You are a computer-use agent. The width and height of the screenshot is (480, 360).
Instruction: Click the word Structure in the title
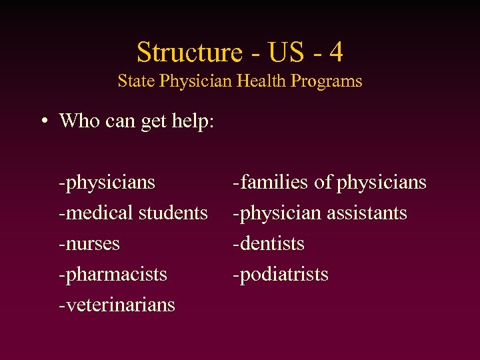pos(189,52)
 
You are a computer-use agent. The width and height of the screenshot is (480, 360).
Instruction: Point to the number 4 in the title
pos(335,52)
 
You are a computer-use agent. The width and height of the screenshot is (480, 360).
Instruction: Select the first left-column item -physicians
pos(107,182)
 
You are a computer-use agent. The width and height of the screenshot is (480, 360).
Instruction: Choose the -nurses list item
pos(89,243)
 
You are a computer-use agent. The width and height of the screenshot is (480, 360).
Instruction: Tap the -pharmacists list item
pos(113,274)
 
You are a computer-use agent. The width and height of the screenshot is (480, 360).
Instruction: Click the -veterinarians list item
pos(117,305)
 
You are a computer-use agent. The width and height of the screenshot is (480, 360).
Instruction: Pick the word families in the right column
pos(278,182)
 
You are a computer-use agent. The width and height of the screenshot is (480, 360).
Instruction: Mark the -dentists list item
pos(268,243)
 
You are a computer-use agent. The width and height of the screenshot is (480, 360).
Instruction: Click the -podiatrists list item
pos(280,274)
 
